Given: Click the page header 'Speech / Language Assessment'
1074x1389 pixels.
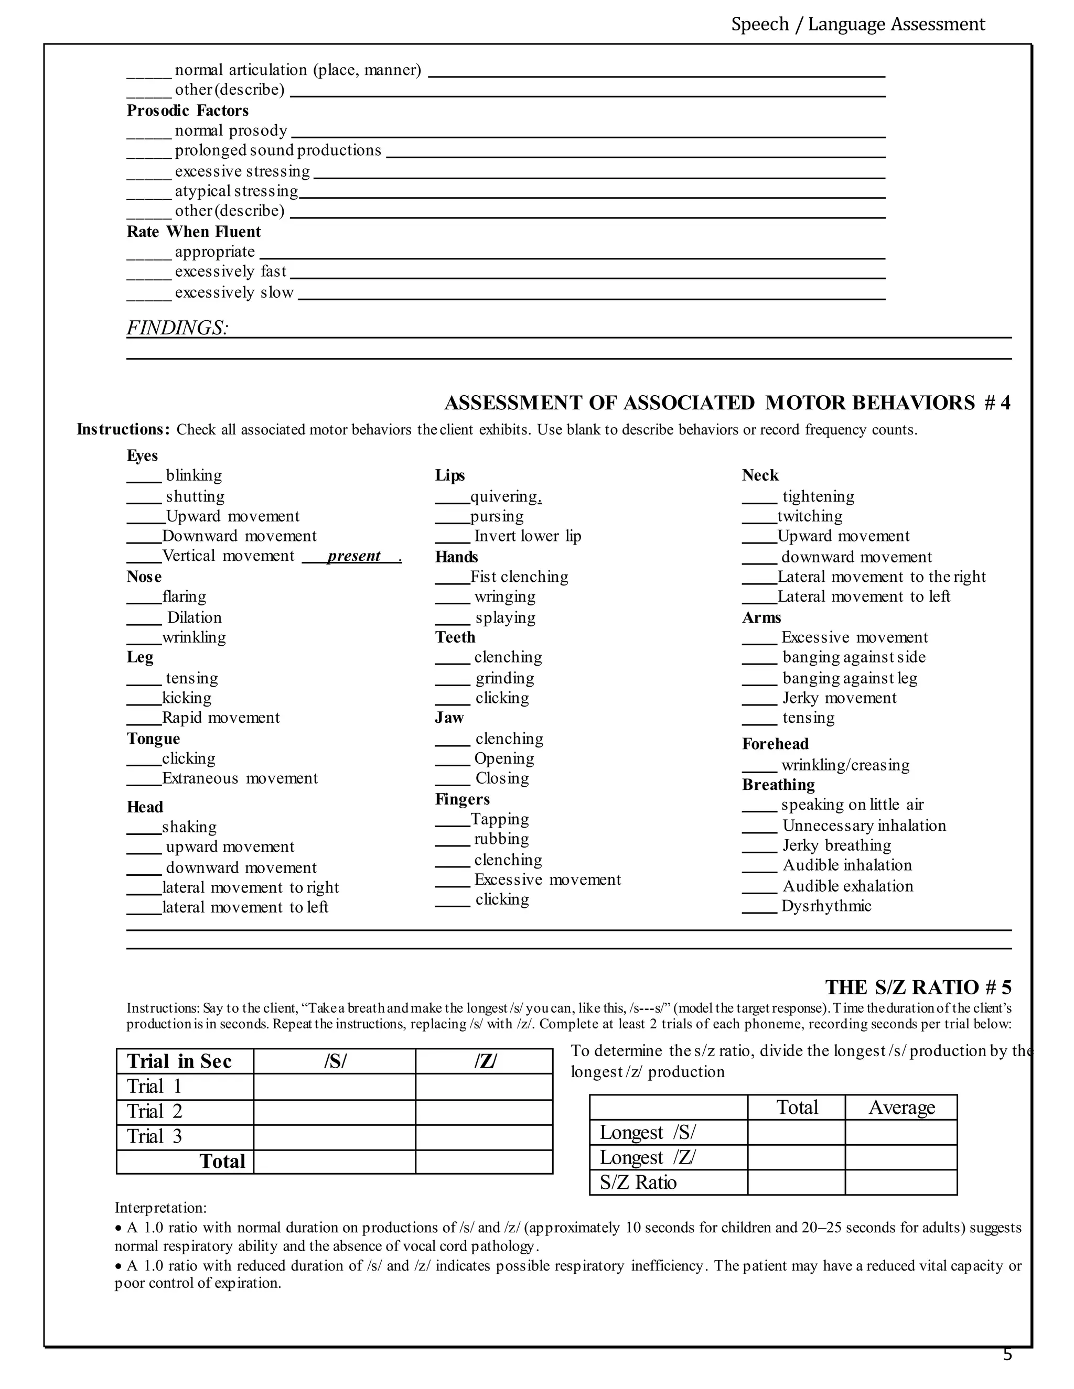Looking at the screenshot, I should pos(857,24).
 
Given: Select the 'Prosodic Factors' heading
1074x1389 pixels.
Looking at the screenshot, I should pos(188,111).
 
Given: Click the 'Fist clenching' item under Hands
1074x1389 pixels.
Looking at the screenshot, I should pos(519,577).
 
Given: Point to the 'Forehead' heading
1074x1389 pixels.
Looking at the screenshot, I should pos(775,744).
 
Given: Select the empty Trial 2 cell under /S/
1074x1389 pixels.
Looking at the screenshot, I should pos(334,1112).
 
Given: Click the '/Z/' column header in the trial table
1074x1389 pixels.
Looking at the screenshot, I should pos(484,1061).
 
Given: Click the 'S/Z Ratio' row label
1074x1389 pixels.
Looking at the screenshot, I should pos(638,1183).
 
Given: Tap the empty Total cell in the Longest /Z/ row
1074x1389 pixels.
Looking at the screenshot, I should pos(796,1157).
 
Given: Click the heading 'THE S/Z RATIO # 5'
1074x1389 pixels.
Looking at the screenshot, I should pos(918,987).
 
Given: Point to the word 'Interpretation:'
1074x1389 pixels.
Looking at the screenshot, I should pos(160,1208).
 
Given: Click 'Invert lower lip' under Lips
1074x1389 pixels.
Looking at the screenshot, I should pos(528,536).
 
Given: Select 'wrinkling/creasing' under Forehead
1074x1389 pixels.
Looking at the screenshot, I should pos(845,765).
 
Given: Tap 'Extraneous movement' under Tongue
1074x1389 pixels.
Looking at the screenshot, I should pos(240,778).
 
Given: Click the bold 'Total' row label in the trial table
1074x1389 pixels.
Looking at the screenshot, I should pos(222,1162).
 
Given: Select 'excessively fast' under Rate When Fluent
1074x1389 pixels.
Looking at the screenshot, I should pos(230,272).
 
